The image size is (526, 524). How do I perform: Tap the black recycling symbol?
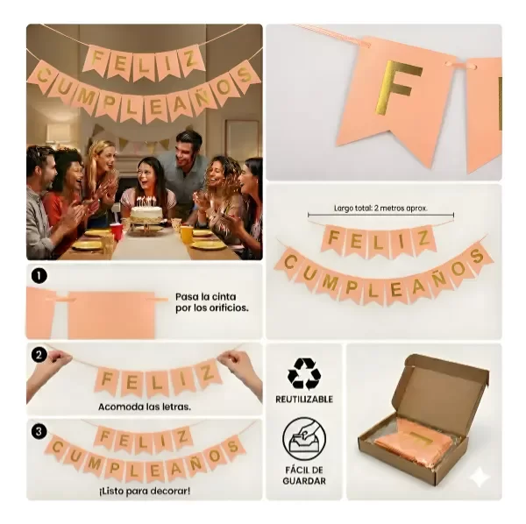point(304,374)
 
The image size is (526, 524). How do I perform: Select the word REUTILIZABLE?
point(304,400)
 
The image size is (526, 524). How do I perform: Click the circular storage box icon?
point(304,439)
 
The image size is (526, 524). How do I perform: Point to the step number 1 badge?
point(39,276)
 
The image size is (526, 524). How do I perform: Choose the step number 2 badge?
point(39,355)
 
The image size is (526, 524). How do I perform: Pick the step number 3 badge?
point(39,431)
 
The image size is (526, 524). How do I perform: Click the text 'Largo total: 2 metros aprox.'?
point(380,209)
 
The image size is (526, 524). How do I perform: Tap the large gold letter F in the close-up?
point(398,89)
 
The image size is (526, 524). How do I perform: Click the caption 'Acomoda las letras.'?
point(145,407)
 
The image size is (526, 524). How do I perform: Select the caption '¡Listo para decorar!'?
point(145,492)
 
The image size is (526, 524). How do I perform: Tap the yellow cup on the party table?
point(187,234)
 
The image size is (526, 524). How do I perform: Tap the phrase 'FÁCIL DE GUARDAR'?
point(304,476)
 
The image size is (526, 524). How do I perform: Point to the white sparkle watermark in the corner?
point(479,477)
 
